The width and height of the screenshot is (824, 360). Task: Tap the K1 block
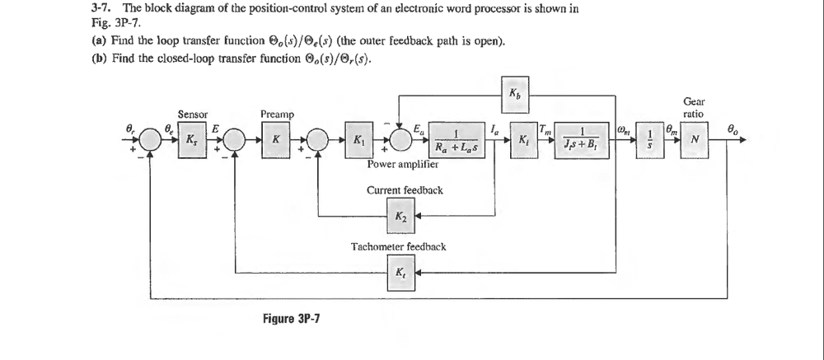point(359,139)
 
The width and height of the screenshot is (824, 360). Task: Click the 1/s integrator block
point(652,139)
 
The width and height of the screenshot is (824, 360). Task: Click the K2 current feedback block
point(400,217)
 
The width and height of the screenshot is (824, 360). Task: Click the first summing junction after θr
point(150,139)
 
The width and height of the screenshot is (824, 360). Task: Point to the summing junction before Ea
point(400,139)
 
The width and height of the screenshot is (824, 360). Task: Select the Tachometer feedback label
point(399,246)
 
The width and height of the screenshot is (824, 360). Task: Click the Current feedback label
point(405,190)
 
